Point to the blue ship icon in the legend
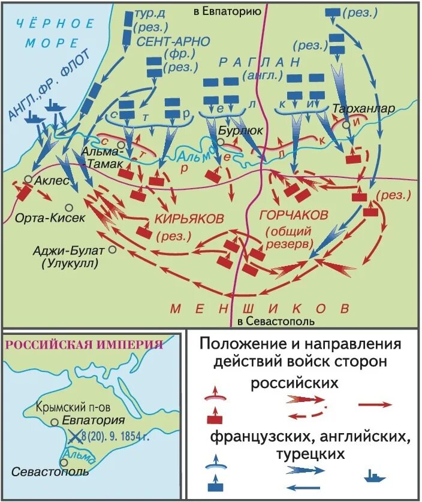point(375,477)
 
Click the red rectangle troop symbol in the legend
point(212,419)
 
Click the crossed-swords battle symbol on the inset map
point(75,436)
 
